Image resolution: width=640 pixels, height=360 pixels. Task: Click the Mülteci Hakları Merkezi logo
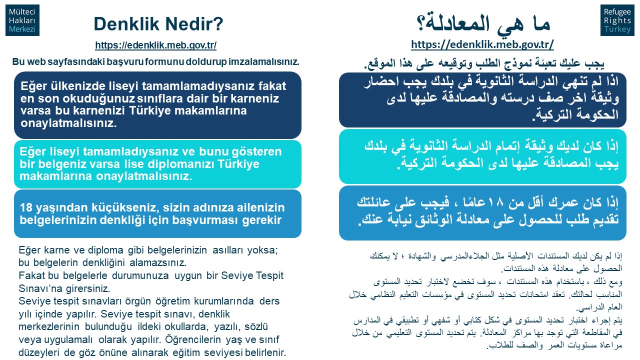pos(22,20)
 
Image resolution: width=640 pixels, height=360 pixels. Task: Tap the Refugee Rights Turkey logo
pos(617,20)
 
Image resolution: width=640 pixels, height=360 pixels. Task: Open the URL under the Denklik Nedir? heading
pos(155,45)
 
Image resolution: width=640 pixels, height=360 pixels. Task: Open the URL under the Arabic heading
pos(482,44)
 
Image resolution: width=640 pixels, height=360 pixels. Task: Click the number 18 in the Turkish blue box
pos(26,207)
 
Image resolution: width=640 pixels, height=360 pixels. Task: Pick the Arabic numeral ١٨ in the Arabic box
pos(490,202)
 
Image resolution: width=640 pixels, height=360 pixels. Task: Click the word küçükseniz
pos(125,207)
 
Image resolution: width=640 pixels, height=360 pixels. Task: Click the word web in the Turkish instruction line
pos(35,61)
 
